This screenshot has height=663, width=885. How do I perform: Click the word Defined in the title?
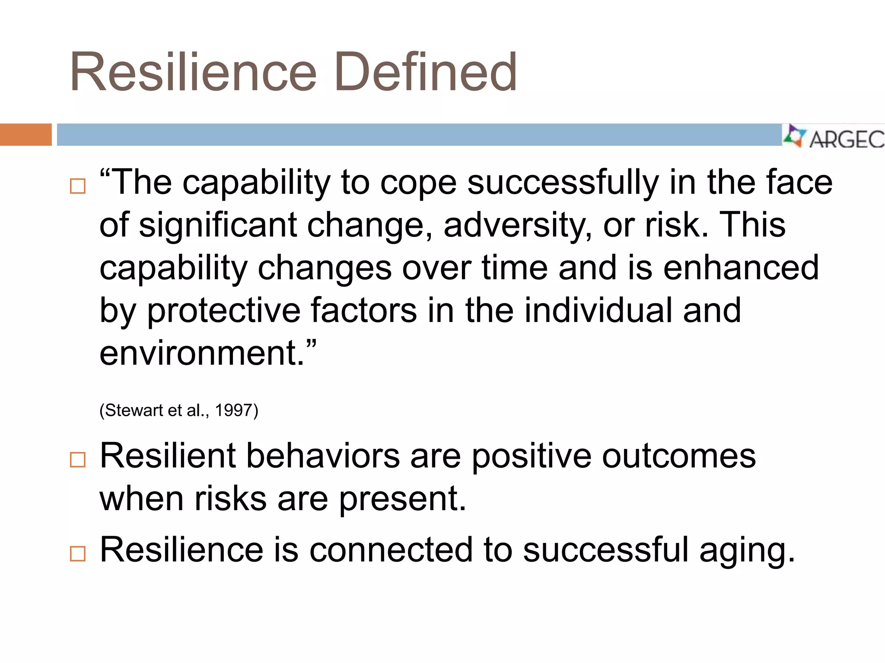tap(426, 72)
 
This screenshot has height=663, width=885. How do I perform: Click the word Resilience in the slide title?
tap(193, 72)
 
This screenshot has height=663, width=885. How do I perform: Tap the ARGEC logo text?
tap(846, 139)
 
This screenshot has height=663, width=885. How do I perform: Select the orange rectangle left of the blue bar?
tap(25, 135)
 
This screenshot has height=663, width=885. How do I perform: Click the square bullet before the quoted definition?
tap(78, 186)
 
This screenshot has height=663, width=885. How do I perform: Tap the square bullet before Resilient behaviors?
tap(78, 460)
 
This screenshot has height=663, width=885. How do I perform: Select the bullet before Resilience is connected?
tap(78, 553)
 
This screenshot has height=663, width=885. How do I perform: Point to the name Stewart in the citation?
tap(134, 410)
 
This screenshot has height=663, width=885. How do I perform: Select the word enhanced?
tap(741, 268)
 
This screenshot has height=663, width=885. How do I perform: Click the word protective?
tap(223, 311)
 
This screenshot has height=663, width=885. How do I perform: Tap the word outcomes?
tap(678, 456)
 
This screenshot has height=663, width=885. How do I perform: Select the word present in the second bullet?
tap(402, 499)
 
